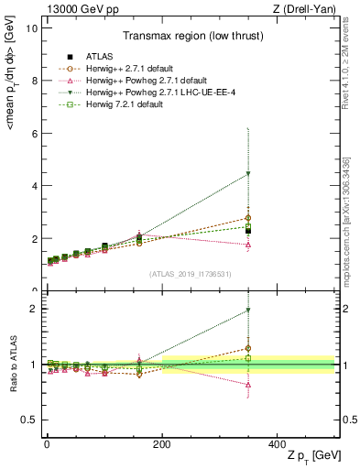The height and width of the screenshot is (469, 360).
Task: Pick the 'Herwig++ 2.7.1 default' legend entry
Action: [x=121, y=69]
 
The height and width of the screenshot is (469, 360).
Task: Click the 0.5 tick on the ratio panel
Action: [x=28, y=420]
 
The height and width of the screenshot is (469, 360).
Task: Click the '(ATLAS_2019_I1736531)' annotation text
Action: [x=190, y=273]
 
